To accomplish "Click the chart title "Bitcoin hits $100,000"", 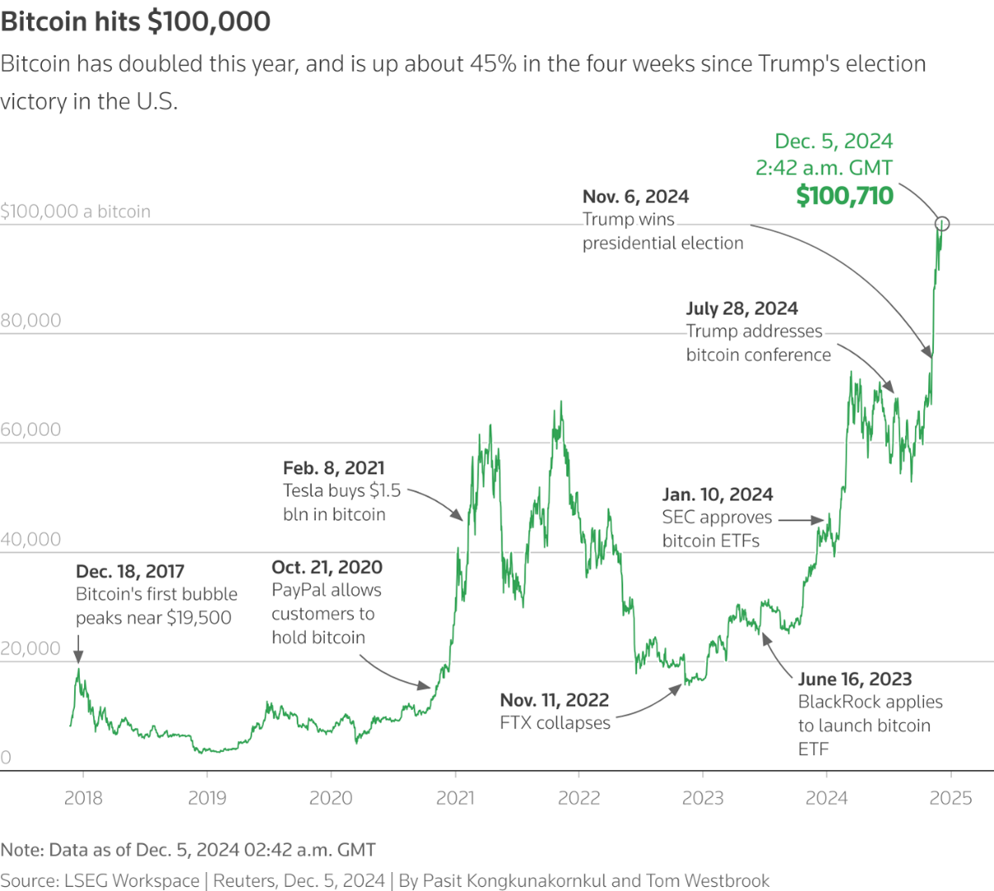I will (x=135, y=21).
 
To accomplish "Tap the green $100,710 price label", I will (x=844, y=196).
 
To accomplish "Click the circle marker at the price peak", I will (x=942, y=223).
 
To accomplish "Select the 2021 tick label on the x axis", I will (x=455, y=798).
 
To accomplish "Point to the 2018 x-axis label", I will (x=82, y=798).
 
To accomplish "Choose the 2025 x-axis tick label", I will (x=951, y=798).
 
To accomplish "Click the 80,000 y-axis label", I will (x=31, y=321).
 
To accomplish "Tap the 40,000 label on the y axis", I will (x=31, y=539).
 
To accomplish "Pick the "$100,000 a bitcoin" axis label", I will (x=75, y=212).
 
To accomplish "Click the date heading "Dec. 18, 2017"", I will (x=130, y=571).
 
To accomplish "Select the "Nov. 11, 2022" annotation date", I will (x=554, y=700).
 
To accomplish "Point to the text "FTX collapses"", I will (x=555, y=723).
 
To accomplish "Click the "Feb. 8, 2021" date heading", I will (x=333, y=468).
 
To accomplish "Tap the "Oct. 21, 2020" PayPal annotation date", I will (x=327, y=567).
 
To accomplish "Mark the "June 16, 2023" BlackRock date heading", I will (x=855, y=679).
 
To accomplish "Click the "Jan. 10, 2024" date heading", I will (x=718, y=495).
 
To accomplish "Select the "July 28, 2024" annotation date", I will (x=742, y=308).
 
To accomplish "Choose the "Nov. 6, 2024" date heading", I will (x=635, y=196).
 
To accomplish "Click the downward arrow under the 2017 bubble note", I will (x=78, y=649).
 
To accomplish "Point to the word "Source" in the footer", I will (x=27, y=880).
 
